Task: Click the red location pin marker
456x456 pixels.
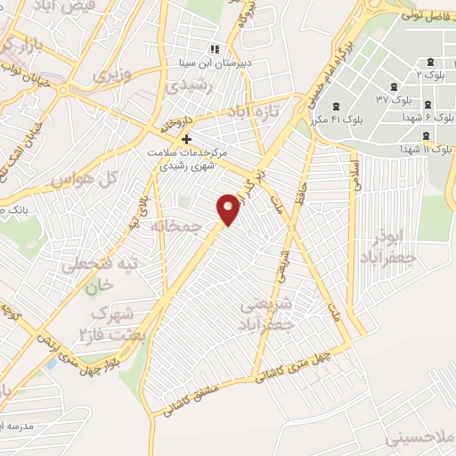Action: (x=229, y=209)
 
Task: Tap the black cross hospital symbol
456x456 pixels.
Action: (x=186, y=140)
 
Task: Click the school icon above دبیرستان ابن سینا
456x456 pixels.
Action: (x=213, y=49)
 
